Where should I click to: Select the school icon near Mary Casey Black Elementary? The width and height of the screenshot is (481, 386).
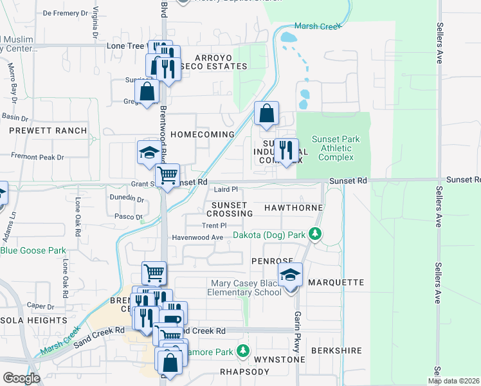pyautogui.click(x=291, y=275)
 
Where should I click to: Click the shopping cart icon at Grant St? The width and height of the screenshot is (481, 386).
pyautogui.click(x=167, y=174)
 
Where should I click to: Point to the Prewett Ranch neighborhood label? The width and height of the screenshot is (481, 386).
pyautogui.click(x=48, y=131)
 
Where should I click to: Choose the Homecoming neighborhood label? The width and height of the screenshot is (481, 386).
pyautogui.click(x=202, y=134)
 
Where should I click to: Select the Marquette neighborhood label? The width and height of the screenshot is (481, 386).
pyautogui.click(x=336, y=282)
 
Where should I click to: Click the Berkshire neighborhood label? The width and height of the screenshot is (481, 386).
pyautogui.click(x=336, y=351)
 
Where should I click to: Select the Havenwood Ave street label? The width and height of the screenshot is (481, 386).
pyautogui.click(x=197, y=237)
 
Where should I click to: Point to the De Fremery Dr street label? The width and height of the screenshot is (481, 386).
pyautogui.click(x=65, y=13)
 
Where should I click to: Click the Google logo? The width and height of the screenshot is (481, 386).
pyautogui.click(x=21, y=378)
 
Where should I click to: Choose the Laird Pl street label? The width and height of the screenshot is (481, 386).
pyautogui.click(x=226, y=190)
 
